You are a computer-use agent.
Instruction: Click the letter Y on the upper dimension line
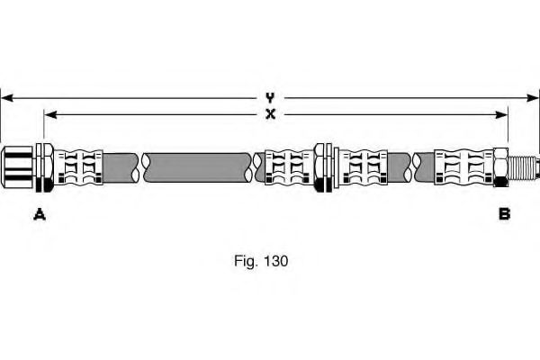click(269, 96)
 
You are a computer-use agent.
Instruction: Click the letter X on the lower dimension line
click(270, 114)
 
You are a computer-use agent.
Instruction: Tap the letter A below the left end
click(39, 213)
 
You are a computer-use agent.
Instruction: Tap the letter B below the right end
click(504, 213)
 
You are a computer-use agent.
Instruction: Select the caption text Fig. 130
click(261, 261)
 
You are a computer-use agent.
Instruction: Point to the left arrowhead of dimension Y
click(4, 96)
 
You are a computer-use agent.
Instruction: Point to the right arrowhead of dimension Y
click(535, 96)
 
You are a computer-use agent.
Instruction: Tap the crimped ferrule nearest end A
click(78, 166)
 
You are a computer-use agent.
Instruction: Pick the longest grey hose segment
click(198, 166)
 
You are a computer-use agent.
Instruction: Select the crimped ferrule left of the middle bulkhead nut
click(288, 166)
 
